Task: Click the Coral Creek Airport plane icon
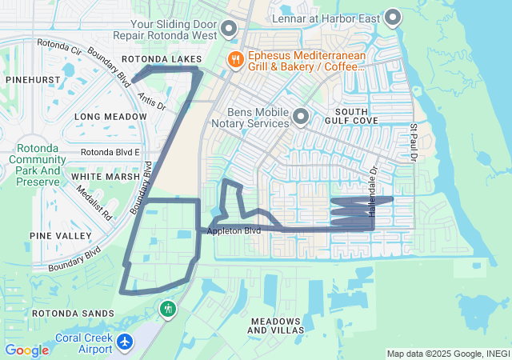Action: click(124, 342)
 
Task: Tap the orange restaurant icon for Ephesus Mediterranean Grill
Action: click(235, 58)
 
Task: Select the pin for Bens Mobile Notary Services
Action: click(301, 117)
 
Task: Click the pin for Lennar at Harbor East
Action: click(393, 17)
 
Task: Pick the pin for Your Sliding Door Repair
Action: click(228, 30)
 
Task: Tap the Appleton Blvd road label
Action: click(234, 231)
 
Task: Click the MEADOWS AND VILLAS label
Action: click(276, 325)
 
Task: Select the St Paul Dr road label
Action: click(414, 142)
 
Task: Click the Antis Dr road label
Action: click(151, 100)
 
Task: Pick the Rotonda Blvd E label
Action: click(110, 152)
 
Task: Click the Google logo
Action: click(26, 350)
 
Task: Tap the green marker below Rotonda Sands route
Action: click(167, 308)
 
